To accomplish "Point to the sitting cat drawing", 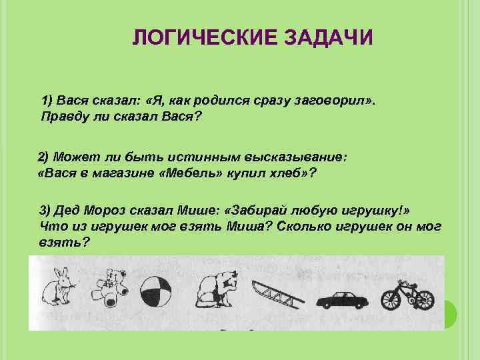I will point(217,291).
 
